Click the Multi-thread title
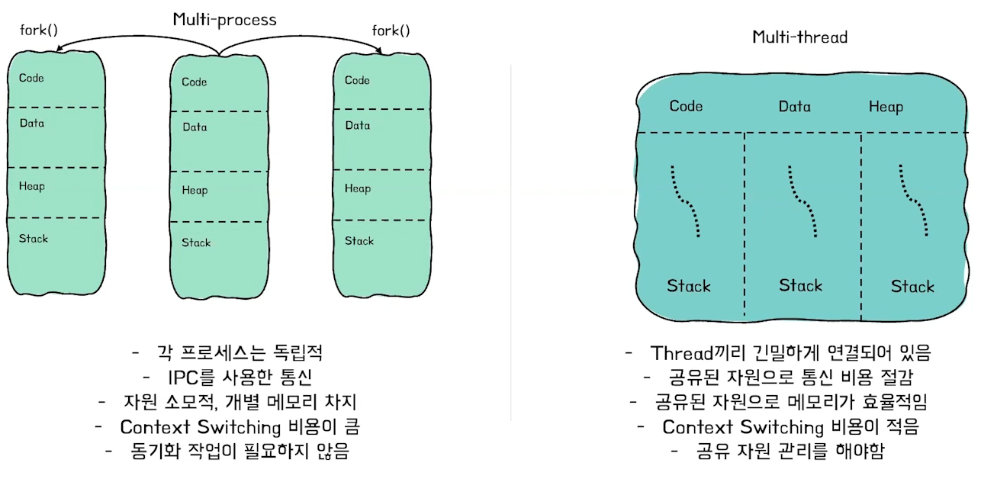coord(799,37)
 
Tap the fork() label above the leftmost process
coord(38,31)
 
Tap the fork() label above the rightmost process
coord(391,31)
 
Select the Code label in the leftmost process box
coord(31,78)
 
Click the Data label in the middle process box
coord(195,127)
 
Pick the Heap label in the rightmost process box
coord(358,188)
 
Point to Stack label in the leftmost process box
coord(34,239)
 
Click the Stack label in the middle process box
coord(196,243)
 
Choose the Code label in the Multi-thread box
coord(686,106)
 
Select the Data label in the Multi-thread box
coord(794,107)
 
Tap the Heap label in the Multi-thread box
coord(886,107)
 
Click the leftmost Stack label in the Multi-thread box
coord(689,286)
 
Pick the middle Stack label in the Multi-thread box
coord(801,285)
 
